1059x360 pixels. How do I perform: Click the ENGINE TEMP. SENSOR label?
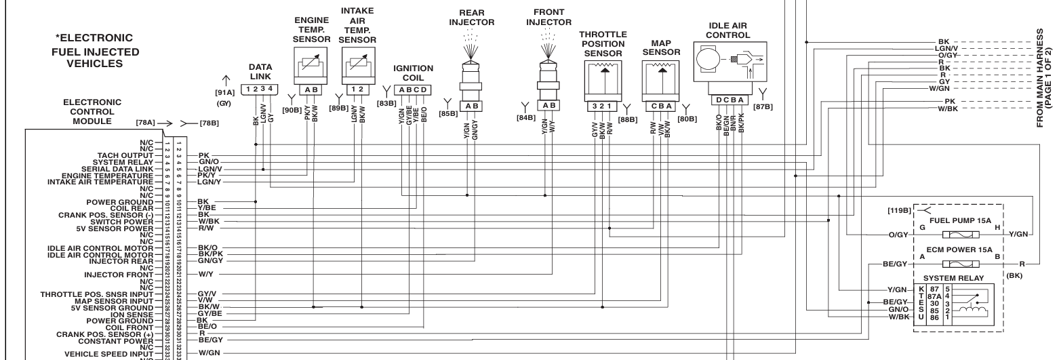(312, 30)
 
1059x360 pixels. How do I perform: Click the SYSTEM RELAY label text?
(957, 279)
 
